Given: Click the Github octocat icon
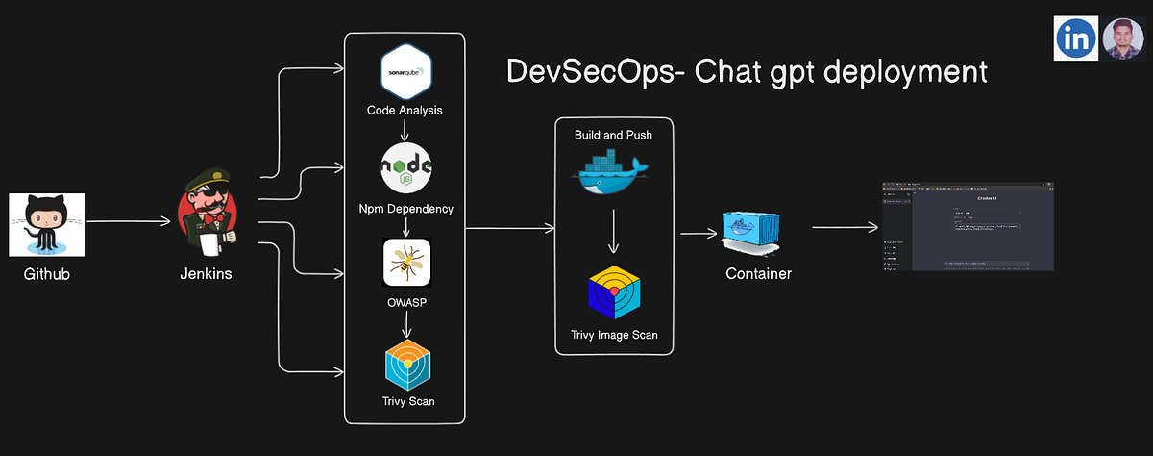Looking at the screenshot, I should click(x=47, y=224).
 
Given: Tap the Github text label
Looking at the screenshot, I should click(x=47, y=274).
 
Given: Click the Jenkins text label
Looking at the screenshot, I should click(x=206, y=274).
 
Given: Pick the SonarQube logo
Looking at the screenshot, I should click(x=405, y=71).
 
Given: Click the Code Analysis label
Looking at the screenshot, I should click(x=405, y=111).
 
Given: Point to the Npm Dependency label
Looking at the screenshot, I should click(x=405, y=209).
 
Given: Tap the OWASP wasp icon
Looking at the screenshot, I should click(x=406, y=262).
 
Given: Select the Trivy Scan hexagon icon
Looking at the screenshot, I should click(x=406, y=362).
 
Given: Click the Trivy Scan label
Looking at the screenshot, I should click(x=405, y=400).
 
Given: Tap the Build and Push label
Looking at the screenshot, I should click(x=613, y=135).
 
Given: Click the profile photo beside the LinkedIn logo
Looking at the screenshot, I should click(x=1123, y=38).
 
